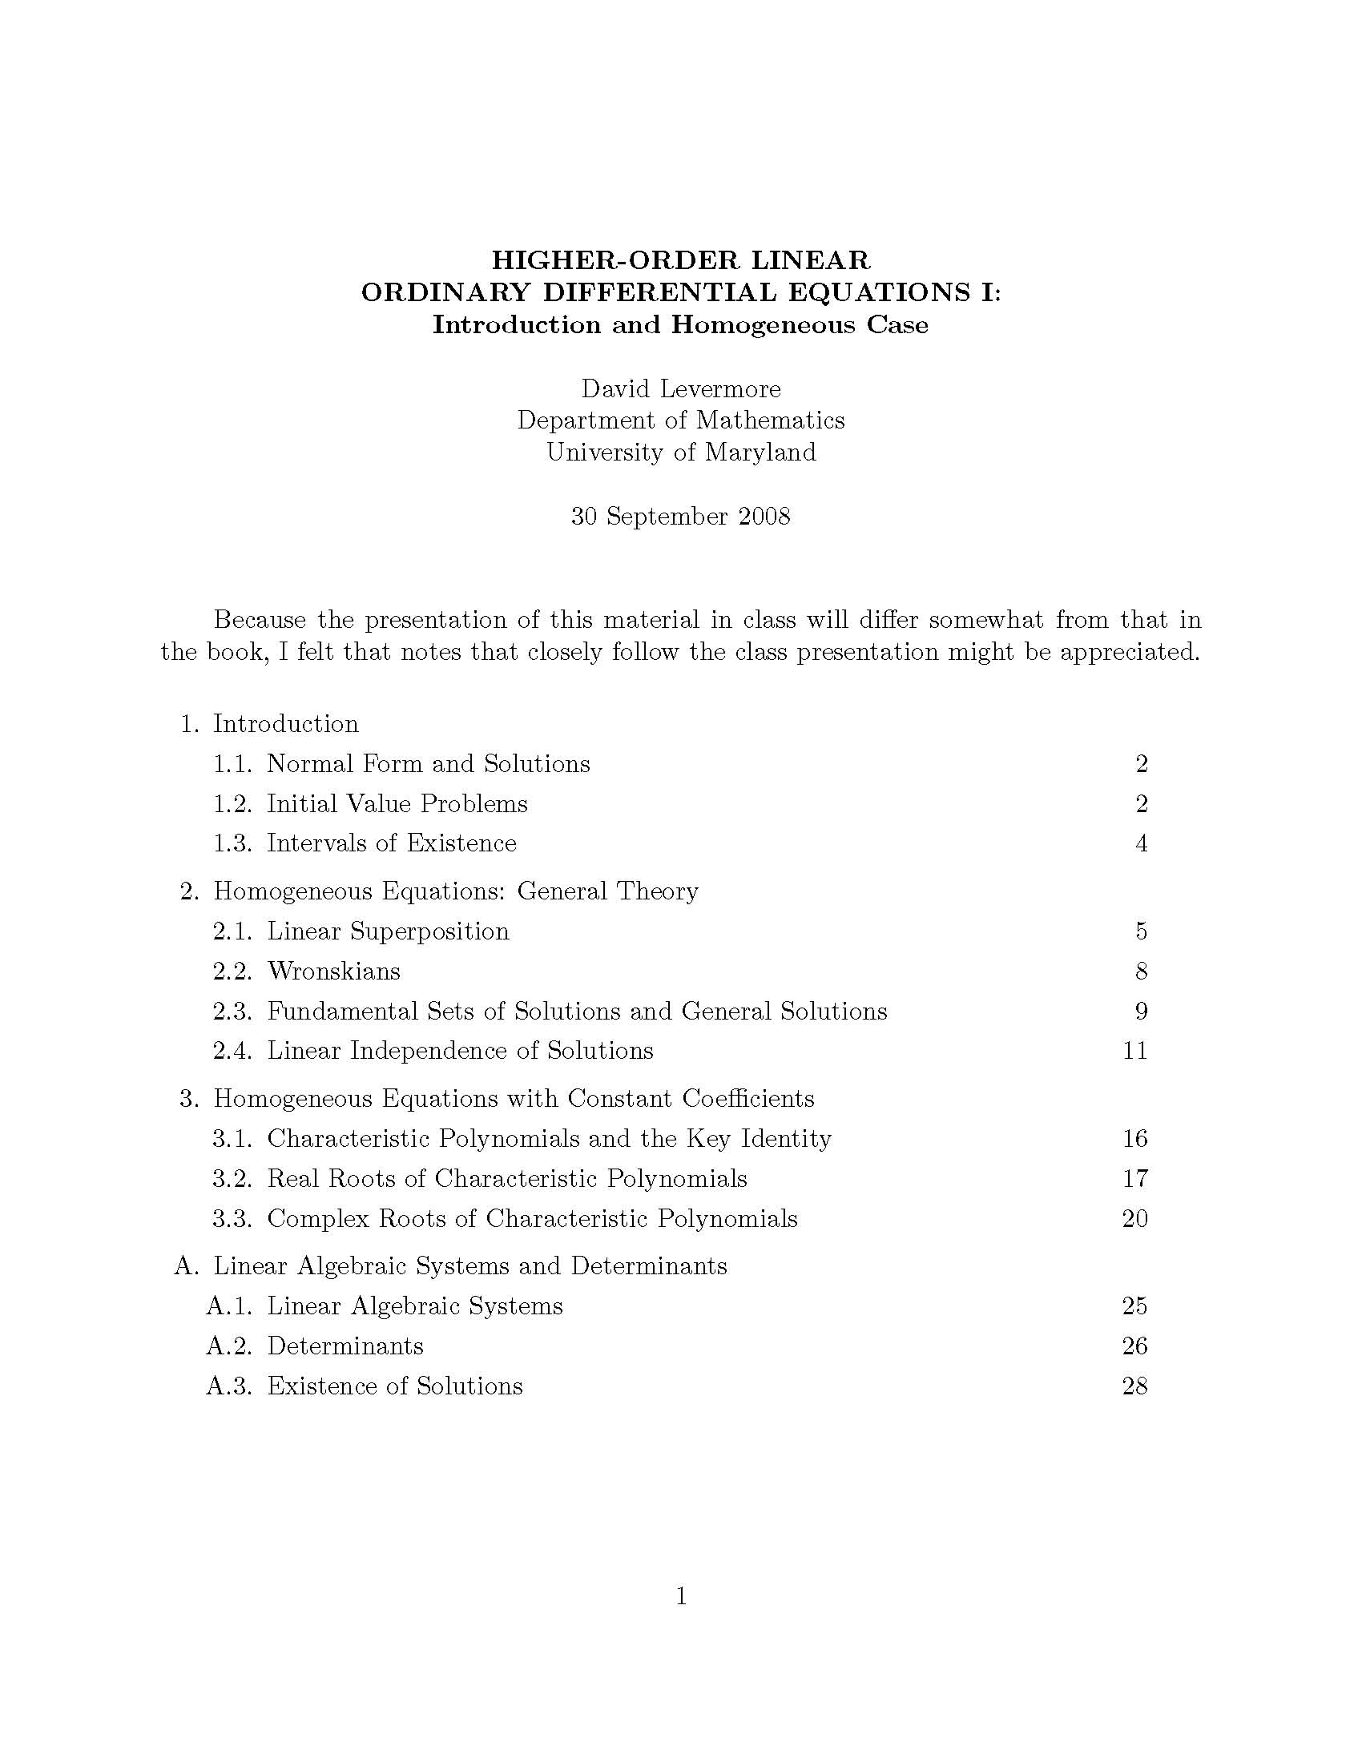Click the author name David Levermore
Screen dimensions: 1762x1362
pos(681,389)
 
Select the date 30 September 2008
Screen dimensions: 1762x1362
pos(681,517)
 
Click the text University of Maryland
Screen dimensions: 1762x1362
pos(681,452)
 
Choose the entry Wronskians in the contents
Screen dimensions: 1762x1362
pos(333,971)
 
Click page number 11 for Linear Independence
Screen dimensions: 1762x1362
pos(1134,1051)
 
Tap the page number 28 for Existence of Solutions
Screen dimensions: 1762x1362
pos(1134,1386)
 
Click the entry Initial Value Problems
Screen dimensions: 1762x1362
pos(397,803)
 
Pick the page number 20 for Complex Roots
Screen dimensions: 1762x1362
pos(1134,1218)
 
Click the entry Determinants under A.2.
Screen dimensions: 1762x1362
pos(345,1346)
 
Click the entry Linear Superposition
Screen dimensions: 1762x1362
pos(388,931)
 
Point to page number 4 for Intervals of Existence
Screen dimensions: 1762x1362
pos(1141,843)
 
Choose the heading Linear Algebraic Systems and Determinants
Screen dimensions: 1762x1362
pos(469,1265)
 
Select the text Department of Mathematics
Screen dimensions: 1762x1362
pos(681,420)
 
